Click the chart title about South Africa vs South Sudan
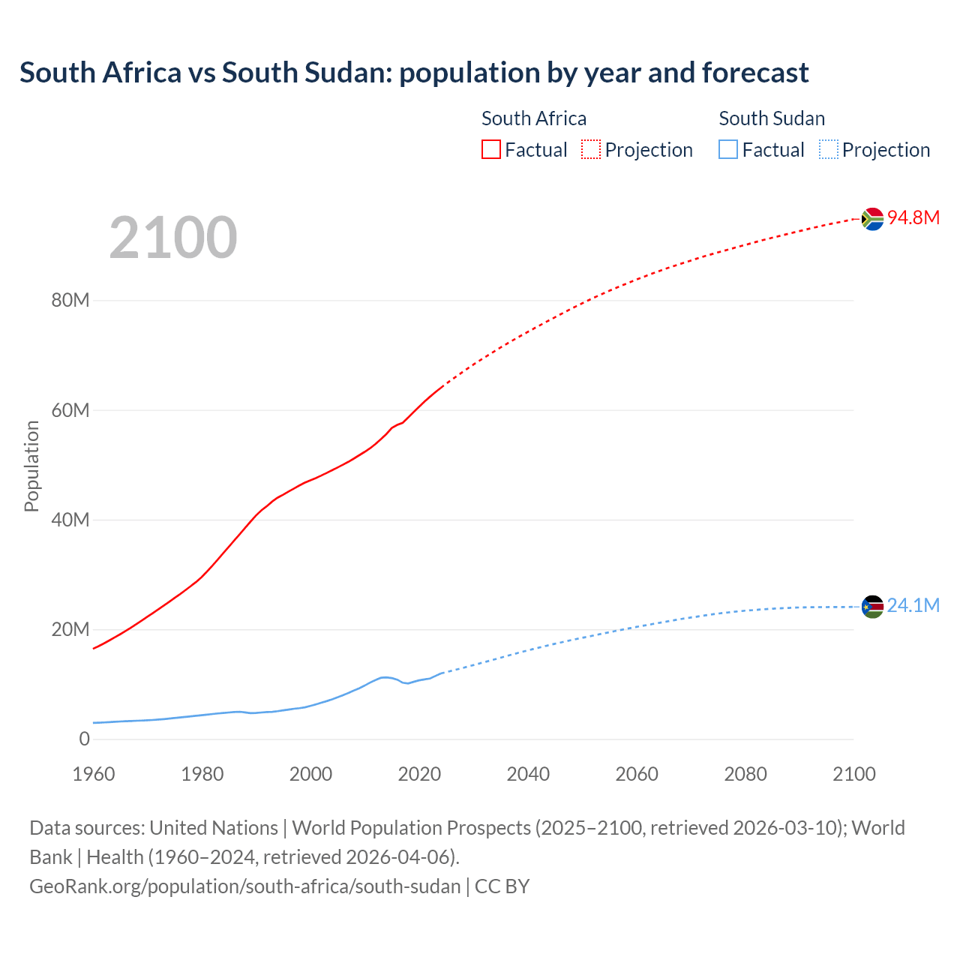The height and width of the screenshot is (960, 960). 414,73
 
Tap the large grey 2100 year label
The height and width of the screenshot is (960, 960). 173,238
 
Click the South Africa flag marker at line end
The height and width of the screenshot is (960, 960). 872,219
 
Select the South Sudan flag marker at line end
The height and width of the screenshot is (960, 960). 872,607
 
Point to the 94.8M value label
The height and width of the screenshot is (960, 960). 913,217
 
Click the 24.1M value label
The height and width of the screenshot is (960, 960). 913,605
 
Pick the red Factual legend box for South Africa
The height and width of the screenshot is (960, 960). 491,150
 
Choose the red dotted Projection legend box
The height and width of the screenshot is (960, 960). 591,150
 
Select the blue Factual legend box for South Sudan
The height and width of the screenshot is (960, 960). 728,150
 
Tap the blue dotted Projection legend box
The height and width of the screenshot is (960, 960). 829,150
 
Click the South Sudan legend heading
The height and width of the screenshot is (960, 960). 772,118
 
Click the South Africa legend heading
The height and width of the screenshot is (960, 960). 534,118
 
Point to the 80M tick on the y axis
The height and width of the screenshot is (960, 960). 70,301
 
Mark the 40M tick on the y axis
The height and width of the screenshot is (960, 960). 70,520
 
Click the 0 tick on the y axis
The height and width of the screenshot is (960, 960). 84,739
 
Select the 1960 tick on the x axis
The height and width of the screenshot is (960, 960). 94,774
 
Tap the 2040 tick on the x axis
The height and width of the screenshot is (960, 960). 528,774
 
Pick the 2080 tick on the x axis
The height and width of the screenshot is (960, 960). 745,774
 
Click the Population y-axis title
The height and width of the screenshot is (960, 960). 31,466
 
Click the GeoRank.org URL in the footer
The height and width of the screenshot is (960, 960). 244,886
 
